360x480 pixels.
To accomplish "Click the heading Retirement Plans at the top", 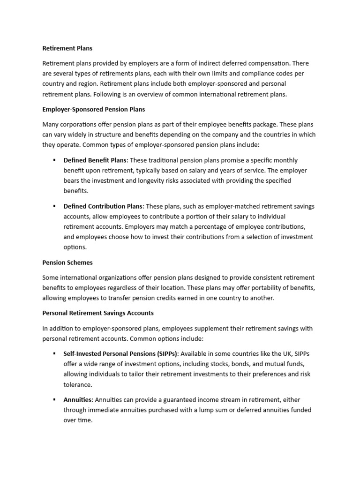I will point(67,48).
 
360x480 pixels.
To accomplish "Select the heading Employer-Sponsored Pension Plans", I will point(94,109).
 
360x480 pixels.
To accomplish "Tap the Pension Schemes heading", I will point(67,262).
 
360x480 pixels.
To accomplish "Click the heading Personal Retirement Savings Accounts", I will point(98,313).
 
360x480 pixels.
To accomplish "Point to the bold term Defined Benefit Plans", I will point(95,160).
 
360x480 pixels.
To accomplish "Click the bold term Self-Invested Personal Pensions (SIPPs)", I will point(120,354).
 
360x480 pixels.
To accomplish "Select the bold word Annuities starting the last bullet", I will point(78,400).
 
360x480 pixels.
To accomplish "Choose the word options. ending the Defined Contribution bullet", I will point(75,247).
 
